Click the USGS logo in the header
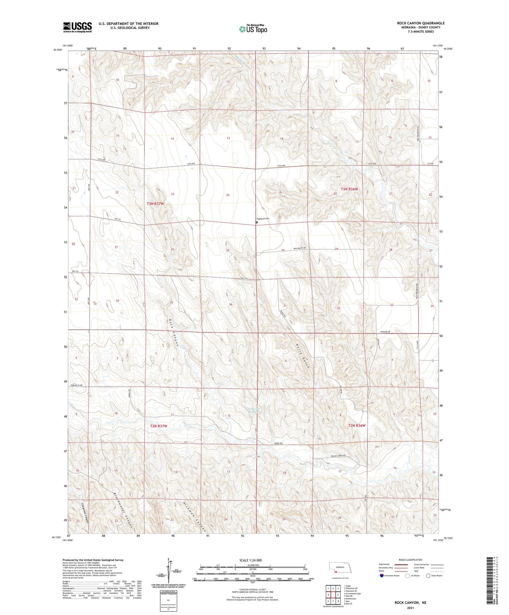point(77,27)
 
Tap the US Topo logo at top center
point(253,29)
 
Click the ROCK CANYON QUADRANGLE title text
point(421,23)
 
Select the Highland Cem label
point(263,218)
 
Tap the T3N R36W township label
point(349,189)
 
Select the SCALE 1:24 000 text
point(250,560)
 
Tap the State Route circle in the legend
point(428,576)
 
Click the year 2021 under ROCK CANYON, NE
point(410,608)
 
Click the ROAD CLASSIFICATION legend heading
point(410,560)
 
